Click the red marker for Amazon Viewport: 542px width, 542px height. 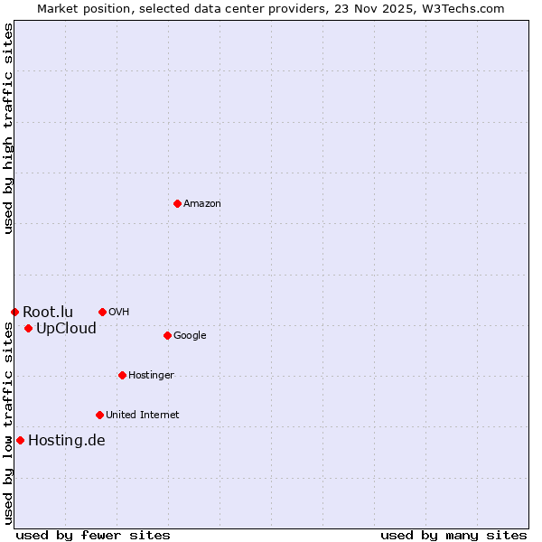(x=177, y=203)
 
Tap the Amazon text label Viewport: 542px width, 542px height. (x=201, y=204)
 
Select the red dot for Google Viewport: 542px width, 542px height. (x=167, y=335)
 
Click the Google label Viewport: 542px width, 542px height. (x=190, y=336)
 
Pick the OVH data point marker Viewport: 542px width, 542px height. (x=102, y=312)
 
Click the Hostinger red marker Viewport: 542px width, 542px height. (x=122, y=375)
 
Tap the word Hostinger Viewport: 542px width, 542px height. (x=151, y=376)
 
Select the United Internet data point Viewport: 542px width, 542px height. (x=99, y=415)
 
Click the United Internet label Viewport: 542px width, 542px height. (x=142, y=416)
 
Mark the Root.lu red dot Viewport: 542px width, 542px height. (x=14, y=312)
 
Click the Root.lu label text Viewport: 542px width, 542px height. (x=48, y=313)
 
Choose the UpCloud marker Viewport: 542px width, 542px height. (x=28, y=328)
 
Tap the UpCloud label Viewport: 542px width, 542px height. (x=66, y=329)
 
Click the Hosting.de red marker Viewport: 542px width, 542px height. (x=20, y=440)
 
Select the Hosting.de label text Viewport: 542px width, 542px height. (x=66, y=441)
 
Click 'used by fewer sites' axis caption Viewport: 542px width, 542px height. (x=93, y=536)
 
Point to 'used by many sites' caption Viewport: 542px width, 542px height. (x=453, y=536)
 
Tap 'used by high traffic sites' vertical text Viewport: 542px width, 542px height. (x=8, y=128)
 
